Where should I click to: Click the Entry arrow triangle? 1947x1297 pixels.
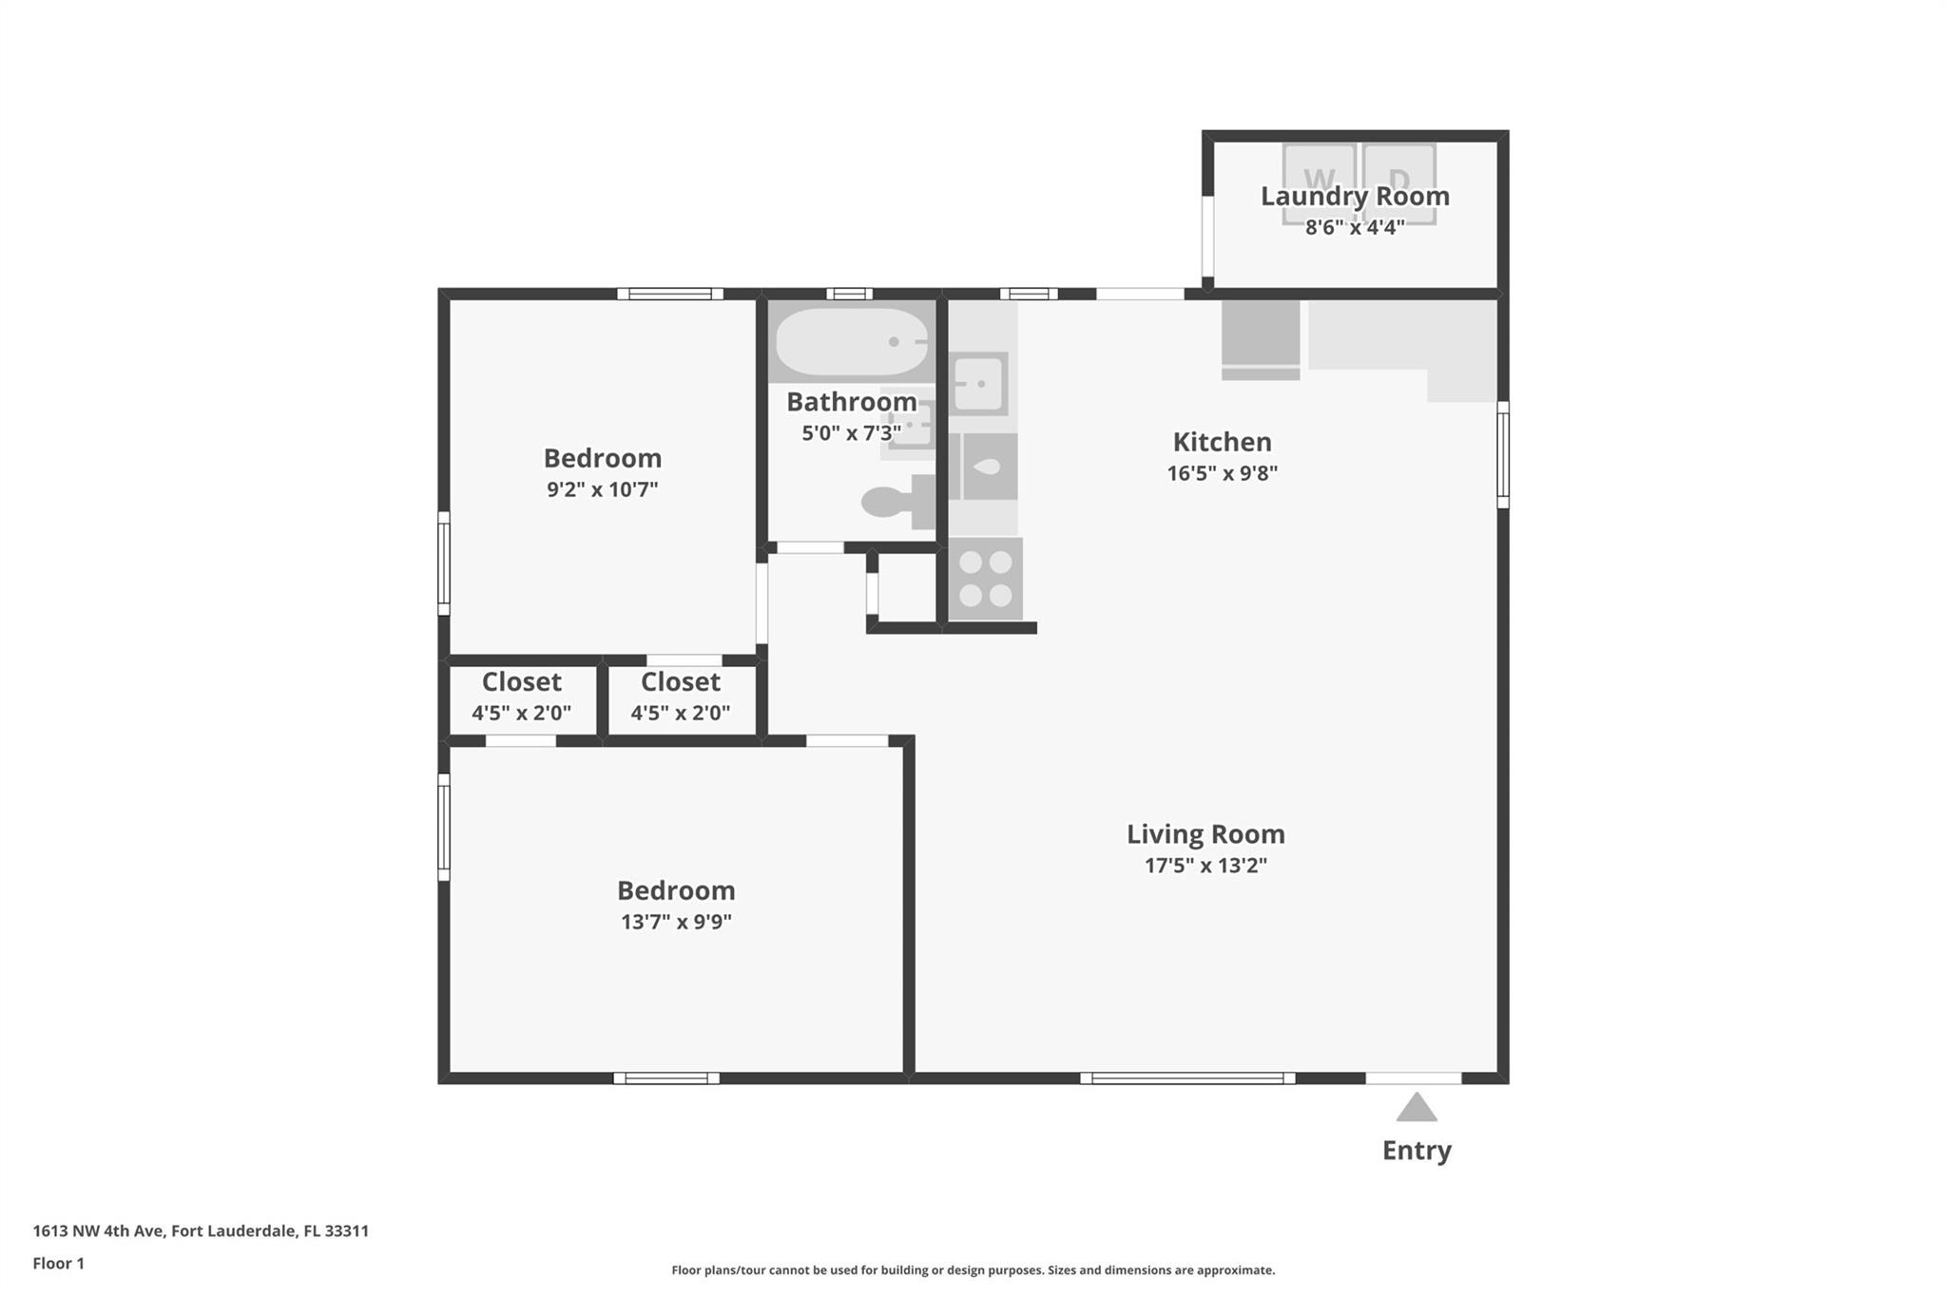(x=1417, y=1107)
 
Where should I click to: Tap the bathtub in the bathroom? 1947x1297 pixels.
(x=852, y=341)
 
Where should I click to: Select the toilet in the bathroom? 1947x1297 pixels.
(x=897, y=502)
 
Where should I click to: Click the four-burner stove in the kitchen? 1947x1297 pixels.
(x=986, y=579)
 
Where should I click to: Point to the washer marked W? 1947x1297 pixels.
(x=1320, y=184)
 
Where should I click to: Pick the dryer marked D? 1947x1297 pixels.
(x=1399, y=184)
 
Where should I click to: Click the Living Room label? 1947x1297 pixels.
(x=1205, y=834)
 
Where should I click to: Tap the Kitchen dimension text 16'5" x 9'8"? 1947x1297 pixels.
(x=1223, y=473)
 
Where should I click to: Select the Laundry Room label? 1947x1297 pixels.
(x=1355, y=197)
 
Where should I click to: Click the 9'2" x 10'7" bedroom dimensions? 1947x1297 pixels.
(x=603, y=489)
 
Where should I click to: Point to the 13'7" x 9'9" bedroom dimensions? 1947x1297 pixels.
(x=676, y=922)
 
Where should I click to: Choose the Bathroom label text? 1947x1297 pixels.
(x=852, y=402)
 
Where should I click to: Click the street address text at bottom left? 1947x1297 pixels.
(x=201, y=1231)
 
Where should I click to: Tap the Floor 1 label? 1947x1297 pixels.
(x=59, y=1264)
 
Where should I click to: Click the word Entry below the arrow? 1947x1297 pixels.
(x=1417, y=1151)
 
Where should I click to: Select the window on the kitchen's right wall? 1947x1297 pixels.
(x=1503, y=454)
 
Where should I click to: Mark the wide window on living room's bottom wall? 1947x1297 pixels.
(x=1187, y=1078)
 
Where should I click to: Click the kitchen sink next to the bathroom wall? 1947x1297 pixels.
(x=978, y=384)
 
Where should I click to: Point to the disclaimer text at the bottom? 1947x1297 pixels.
(x=973, y=1270)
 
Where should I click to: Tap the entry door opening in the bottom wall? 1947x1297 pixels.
(x=1414, y=1078)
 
